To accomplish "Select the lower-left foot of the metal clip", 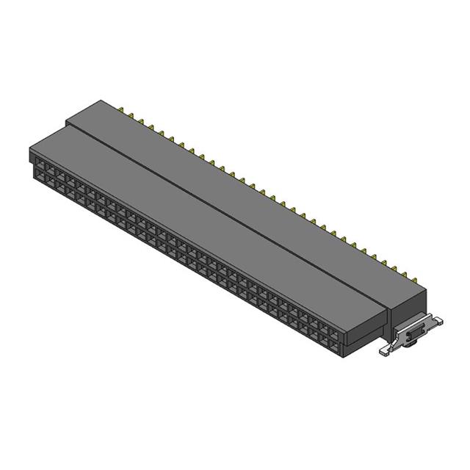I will pos(385,352).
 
